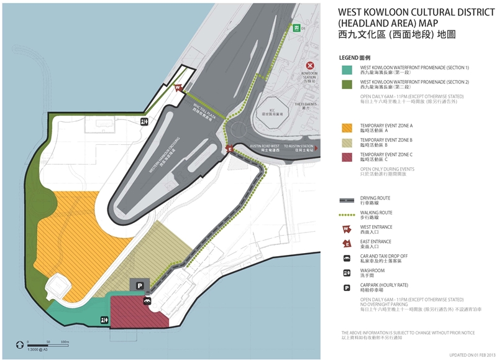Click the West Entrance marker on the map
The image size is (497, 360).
178,88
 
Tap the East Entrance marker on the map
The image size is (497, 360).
229,149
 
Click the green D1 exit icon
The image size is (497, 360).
297,28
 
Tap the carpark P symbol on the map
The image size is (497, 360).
140,285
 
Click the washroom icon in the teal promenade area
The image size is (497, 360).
104,320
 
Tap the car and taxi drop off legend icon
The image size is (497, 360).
345,258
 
